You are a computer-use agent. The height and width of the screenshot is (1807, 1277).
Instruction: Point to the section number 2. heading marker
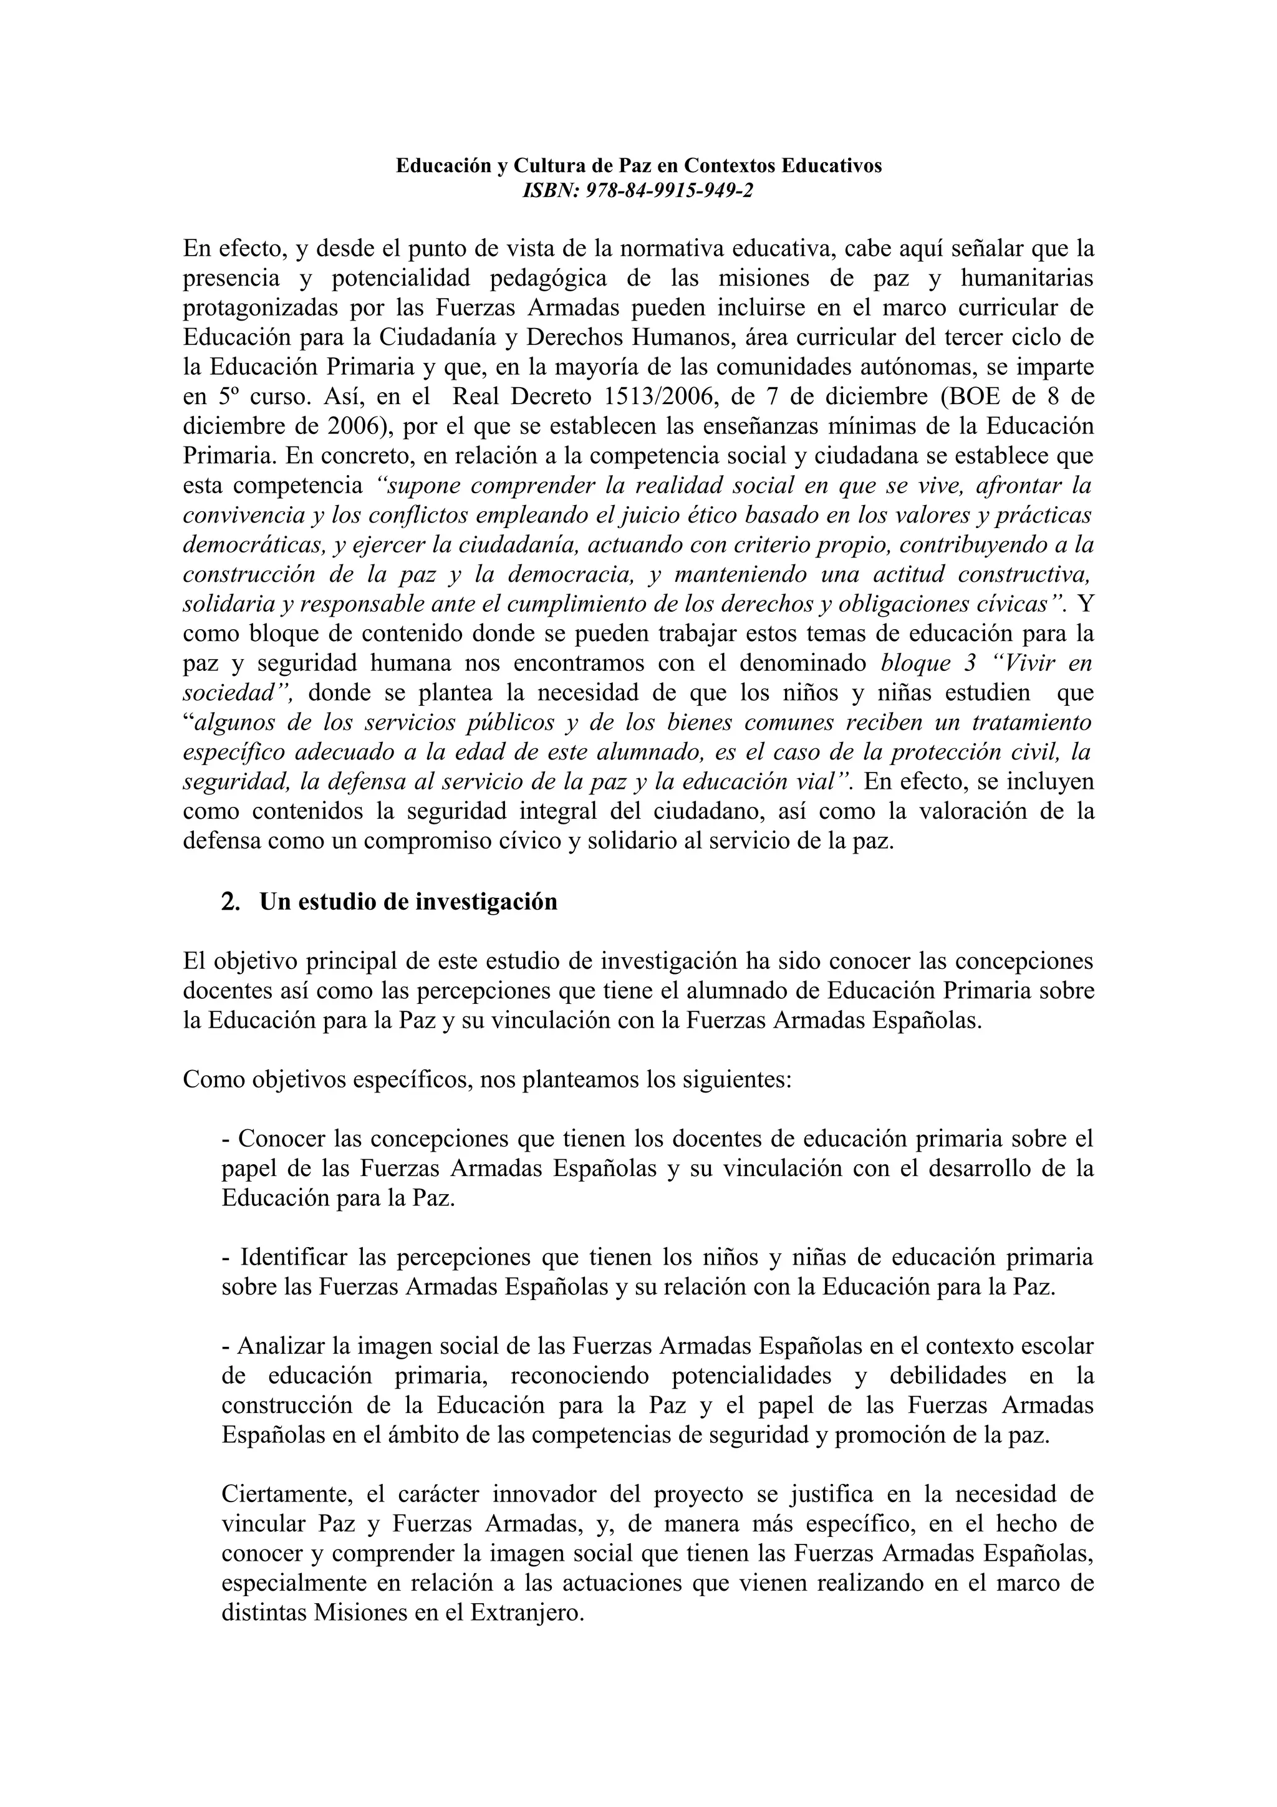pyautogui.click(x=231, y=902)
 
